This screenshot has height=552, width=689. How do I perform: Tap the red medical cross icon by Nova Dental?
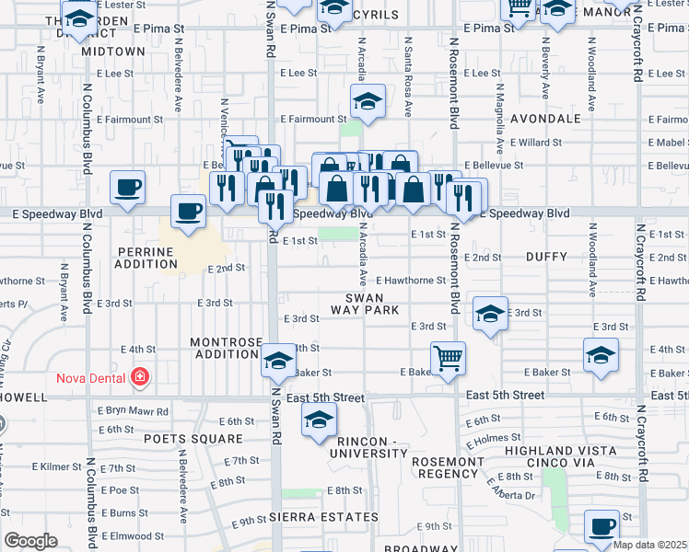coord(139,376)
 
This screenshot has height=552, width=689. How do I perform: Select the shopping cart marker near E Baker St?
coord(448,358)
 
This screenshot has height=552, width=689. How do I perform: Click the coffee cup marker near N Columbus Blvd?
coord(127,188)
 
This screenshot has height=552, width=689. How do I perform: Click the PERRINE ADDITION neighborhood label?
coord(146,258)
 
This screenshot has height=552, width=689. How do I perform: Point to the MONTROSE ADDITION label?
coord(226,348)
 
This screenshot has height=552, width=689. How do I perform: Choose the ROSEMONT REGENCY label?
coord(447,467)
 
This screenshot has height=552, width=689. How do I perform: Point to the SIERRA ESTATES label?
coord(315,519)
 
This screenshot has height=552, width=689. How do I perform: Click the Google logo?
coord(30,541)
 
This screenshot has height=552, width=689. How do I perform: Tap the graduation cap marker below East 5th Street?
coord(318,421)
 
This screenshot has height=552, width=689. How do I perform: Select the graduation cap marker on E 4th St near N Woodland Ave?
coord(600,354)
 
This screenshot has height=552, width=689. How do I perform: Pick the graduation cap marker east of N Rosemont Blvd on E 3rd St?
coord(490,314)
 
